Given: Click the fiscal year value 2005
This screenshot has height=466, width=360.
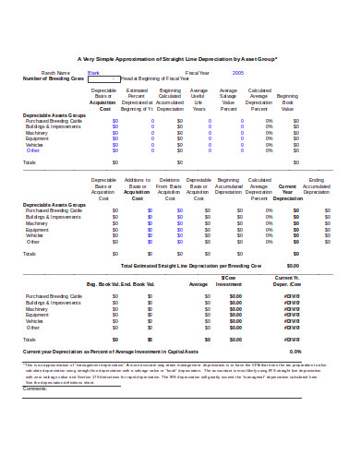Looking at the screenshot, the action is click(238, 72).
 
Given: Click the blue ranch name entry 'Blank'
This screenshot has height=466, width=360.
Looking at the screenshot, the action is click(93, 72).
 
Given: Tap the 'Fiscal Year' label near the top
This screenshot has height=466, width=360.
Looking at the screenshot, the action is click(198, 72).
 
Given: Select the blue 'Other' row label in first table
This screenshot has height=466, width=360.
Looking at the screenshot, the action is click(33, 150).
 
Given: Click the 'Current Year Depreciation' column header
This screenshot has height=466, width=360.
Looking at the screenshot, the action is click(287, 193).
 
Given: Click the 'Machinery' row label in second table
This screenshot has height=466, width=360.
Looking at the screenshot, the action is click(38, 223).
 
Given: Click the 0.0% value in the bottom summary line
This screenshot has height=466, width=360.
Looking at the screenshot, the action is click(295, 352).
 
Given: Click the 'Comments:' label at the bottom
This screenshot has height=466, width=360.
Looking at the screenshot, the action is click(35, 388).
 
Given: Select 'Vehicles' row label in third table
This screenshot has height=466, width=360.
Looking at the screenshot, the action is click(34, 319).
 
